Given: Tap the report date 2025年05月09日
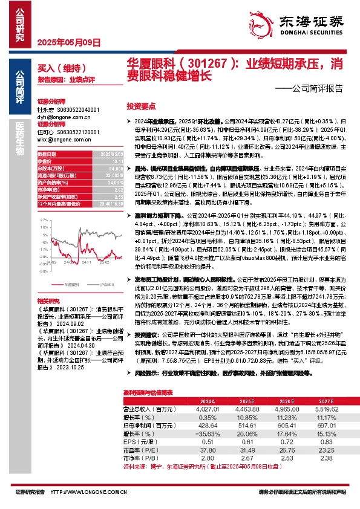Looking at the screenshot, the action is pyautogui.click(x=64, y=43).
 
